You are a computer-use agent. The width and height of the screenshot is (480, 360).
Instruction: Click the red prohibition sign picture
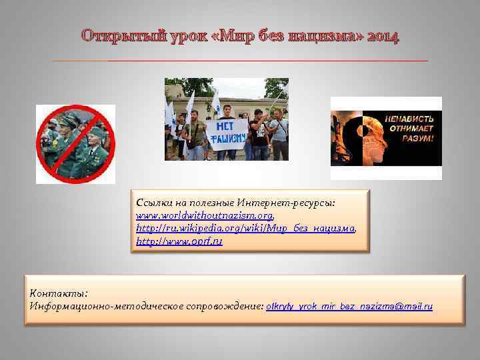pyautogui.click(x=75, y=143)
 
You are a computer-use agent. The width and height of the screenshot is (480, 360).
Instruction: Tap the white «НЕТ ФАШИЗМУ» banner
pyautogui.click(x=226, y=132)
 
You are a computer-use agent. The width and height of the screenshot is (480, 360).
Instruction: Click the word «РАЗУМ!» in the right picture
pyautogui.click(x=417, y=139)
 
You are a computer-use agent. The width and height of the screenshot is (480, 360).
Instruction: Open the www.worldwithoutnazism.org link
pyautogui.click(x=205, y=216)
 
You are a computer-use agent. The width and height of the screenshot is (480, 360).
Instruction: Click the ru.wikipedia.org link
pyautogui.click(x=245, y=229)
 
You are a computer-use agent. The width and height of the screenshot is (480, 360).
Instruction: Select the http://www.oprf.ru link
pyautogui.click(x=179, y=241)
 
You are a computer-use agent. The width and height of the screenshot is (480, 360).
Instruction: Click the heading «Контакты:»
pyautogui.click(x=59, y=293)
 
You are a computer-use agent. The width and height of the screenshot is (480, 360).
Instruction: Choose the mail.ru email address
pyautogui.click(x=349, y=306)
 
